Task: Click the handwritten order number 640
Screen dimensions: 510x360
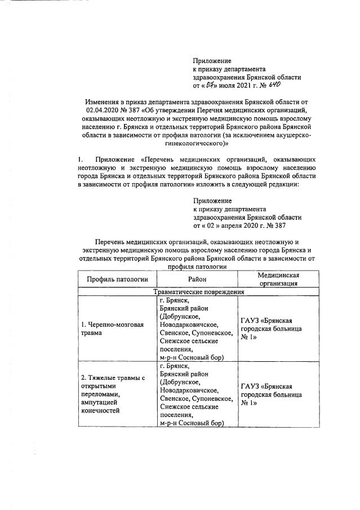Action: tap(273, 85)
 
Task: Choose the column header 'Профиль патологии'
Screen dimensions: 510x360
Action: tap(117, 279)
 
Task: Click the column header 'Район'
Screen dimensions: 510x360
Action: tap(197, 279)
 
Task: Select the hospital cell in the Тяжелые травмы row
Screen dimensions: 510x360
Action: tap(271, 394)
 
